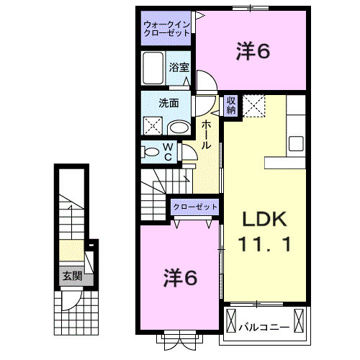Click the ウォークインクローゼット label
pyautogui.click(x=166, y=29)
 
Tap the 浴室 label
pyautogui.click(x=179, y=67)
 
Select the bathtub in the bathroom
pyautogui.click(x=154, y=71)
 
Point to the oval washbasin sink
pyautogui.click(x=179, y=127)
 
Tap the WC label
pyautogui.click(x=167, y=151)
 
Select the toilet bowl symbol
pyautogui.click(x=151, y=152)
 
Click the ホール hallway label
pyautogui.click(x=206, y=135)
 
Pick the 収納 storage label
pyautogui.click(x=231, y=105)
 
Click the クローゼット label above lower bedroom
pyautogui.click(x=194, y=207)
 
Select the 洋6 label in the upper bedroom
pyautogui.click(x=253, y=51)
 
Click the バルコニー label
pyautogui.click(x=264, y=326)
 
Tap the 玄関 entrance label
pyautogui.click(x=71, y=276)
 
